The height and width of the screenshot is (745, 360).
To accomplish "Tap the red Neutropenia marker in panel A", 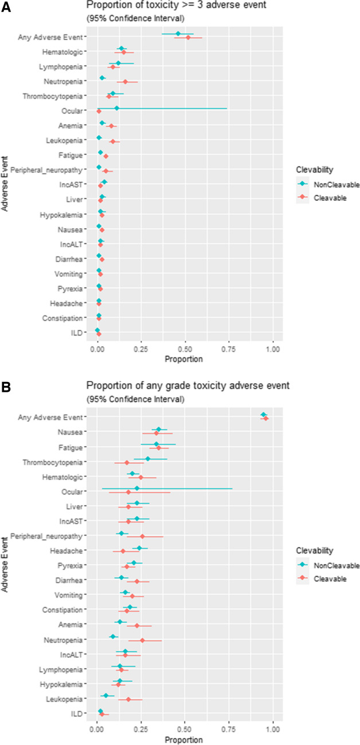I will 126,82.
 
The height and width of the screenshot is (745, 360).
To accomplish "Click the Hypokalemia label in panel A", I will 64,214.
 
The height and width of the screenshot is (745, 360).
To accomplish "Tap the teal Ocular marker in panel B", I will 136,489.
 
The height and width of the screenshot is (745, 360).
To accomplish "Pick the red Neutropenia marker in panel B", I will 143,640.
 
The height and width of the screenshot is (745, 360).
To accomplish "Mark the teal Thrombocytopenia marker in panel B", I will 148,459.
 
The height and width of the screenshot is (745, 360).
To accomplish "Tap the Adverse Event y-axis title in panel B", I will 5,564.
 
